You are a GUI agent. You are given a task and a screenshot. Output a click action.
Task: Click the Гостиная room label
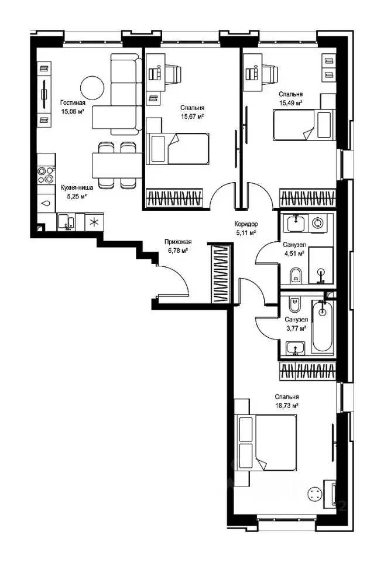point(73,103)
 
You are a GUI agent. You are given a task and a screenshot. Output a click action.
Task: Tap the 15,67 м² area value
point(193,116)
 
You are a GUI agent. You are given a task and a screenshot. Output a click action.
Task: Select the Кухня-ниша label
point(77,187)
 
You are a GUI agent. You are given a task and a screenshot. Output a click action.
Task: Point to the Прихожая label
point(178,242)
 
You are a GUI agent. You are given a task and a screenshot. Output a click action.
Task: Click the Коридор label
point(246,224)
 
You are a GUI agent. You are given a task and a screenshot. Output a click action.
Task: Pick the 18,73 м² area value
point(287,406)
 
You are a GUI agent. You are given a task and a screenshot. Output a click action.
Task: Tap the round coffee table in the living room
point(92,88)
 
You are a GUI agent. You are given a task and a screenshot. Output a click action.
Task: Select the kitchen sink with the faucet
point(66,221)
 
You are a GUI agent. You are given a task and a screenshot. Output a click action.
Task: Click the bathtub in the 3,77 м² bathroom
point(323,325)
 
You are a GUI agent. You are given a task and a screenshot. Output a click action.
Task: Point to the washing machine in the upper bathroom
point(317,223)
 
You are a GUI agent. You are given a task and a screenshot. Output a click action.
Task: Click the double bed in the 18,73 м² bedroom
point(265,443)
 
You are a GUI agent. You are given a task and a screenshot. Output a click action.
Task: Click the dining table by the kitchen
point(116,165)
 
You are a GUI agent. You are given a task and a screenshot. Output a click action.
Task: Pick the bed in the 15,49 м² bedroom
point(304,124)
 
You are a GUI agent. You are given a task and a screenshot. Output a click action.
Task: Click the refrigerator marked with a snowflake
point(94,222)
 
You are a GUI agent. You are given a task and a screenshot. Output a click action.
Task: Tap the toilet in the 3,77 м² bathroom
point(296,304)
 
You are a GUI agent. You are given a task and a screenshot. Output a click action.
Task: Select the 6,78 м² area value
point(178,251)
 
